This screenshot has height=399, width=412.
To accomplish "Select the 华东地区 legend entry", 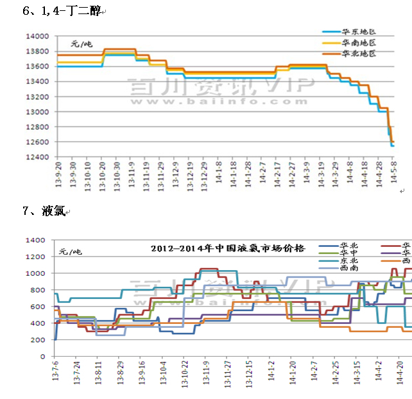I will click(358, 31).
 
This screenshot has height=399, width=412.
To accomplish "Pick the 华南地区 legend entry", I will click(358, 42).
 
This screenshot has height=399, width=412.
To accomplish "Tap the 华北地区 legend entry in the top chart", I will click(358, 53).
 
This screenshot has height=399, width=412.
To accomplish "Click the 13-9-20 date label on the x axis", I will click(56, 174).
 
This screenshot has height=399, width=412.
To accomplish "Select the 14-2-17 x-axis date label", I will click(278, 174).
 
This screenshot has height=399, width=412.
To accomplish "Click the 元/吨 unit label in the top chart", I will click(82, 44).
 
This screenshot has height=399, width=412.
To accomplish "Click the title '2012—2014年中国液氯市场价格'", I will click(228, 248).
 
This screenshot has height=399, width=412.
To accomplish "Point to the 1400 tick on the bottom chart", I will click(37, 240).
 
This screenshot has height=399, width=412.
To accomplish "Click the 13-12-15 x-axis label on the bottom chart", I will click(249, 374).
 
